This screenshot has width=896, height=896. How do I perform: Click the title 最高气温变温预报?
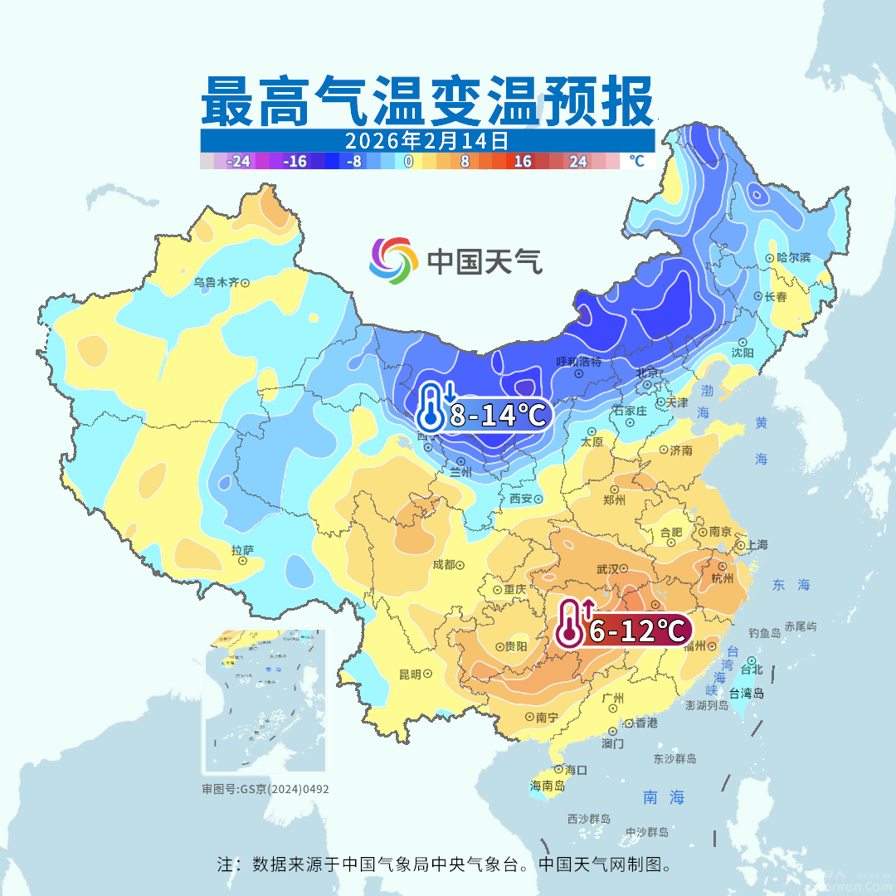coord(427,101)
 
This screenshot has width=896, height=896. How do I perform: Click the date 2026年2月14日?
coord(426,139)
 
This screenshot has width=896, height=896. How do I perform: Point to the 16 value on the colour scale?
coord(522,162)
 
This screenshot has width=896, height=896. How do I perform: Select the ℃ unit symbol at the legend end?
coord(636,161)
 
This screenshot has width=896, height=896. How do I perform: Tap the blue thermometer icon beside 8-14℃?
coord(433,407)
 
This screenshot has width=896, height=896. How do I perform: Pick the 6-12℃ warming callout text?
coord(635,631)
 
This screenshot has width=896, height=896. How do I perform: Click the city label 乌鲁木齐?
coord(216,282)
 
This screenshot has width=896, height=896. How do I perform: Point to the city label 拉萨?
coord(242,549)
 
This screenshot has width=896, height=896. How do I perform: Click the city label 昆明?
coord(410,674)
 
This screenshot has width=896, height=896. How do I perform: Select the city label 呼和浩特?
coord(578,362)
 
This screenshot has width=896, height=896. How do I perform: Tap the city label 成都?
coord(444,565)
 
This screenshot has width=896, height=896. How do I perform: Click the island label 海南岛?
coord(548,785)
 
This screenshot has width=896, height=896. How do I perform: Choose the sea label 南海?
coord(665,797)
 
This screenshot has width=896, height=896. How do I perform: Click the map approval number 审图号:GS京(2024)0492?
coord(265,789)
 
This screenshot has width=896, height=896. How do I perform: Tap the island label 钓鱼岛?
coord(764,633)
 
